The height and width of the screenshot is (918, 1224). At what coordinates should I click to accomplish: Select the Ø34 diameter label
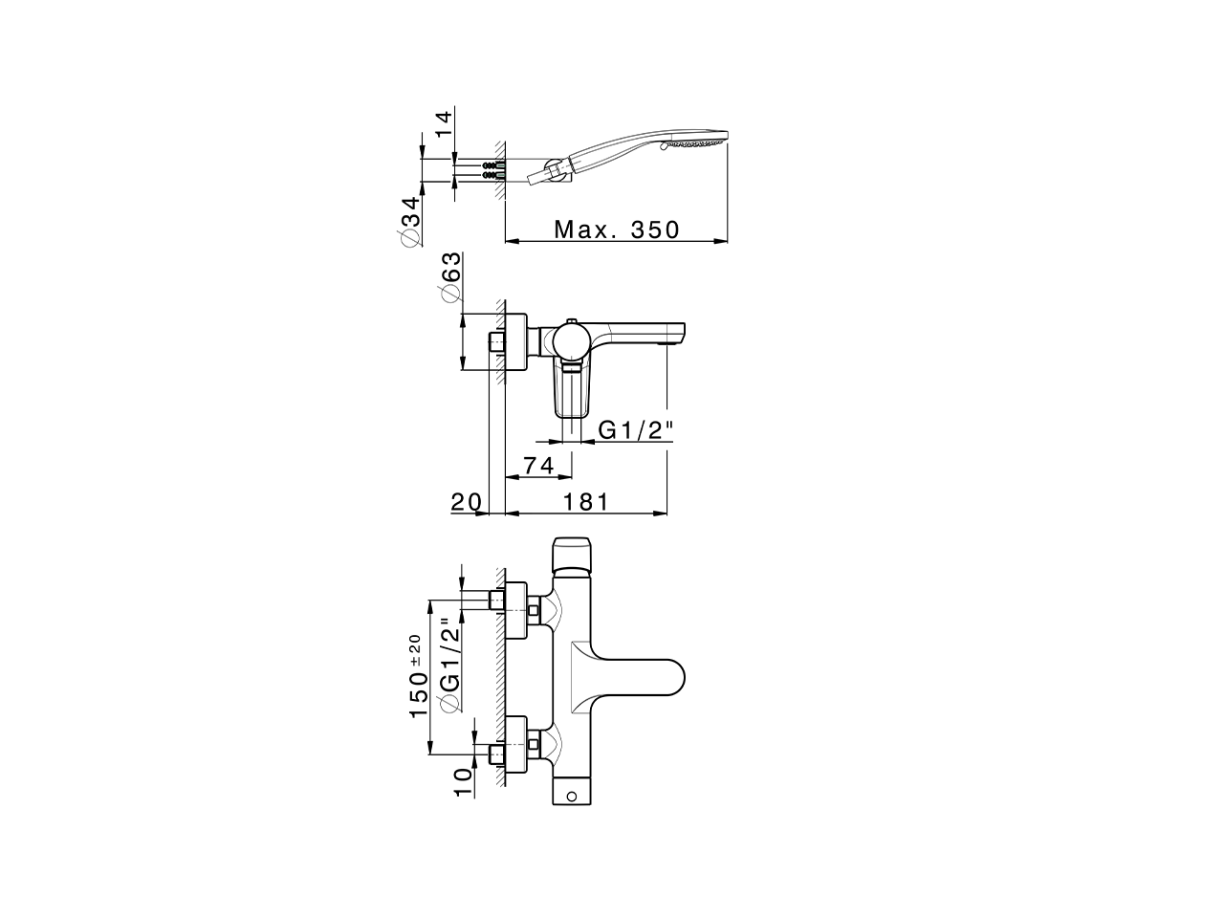click(410, 222)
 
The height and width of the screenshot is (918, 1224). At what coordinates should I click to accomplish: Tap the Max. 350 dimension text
click(617, 229)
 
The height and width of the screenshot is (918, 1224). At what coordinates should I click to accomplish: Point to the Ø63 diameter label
click(449, 278)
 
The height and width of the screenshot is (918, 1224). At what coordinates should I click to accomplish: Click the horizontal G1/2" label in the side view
click(636, 431)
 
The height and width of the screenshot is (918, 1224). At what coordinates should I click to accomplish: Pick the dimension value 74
click(537, 466)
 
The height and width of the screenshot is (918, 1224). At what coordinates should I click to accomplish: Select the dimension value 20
click(467, 502)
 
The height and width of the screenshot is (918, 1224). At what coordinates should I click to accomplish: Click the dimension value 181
click(583, 502)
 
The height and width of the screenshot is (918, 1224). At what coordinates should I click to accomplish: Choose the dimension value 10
click(462, 780)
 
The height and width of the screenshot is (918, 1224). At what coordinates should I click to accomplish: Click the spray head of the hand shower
click(698, 143)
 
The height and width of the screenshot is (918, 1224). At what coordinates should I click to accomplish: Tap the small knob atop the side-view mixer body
click(571, 322)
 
